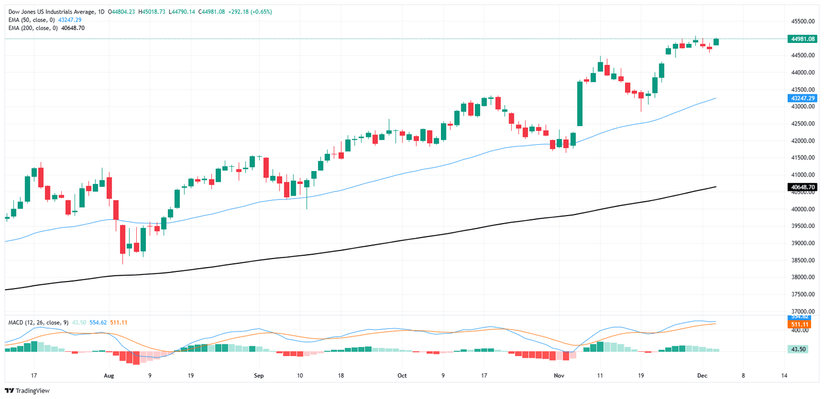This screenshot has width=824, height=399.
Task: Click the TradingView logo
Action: tap(27, 390)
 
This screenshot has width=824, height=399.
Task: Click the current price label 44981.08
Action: tap(803, 39)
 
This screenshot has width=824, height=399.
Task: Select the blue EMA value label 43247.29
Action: tap(803, 98)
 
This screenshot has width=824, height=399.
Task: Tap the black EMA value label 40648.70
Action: tap(803, 187)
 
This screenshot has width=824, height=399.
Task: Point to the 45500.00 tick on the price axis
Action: tap(803, 21)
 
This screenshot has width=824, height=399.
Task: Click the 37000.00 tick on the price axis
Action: tap(803, 311)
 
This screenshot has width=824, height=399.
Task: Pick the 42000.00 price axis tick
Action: tap(803, 141)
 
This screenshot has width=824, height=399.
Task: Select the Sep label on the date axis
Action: tap(259, 376)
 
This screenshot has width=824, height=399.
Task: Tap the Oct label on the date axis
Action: tap(402, 376)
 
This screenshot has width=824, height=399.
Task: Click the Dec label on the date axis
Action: tap(703, 376)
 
